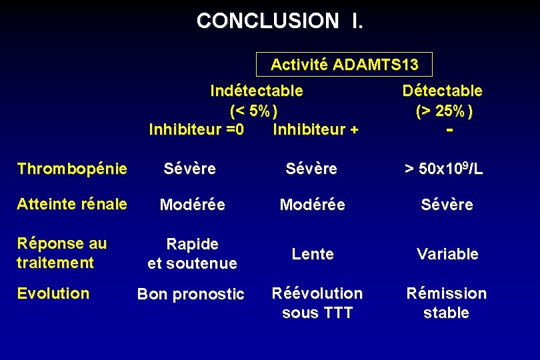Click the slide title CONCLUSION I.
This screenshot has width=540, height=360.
coord(280,21)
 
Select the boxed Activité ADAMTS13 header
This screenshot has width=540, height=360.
coord(345,65)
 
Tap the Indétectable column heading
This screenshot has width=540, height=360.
coord(256,90)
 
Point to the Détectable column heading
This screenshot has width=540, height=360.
coord(442,90)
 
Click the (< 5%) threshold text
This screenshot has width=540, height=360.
coord(253,110)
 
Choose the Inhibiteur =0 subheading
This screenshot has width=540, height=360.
coord(196,129)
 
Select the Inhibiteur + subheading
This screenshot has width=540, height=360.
coord(315,129)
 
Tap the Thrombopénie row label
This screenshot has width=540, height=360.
coord(72,169)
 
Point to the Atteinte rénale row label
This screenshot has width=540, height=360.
coord(72,205)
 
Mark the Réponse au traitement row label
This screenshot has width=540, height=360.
coord(61,253)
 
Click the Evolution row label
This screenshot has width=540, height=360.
coord(53,293)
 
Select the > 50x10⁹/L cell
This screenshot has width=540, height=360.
coord(443,169)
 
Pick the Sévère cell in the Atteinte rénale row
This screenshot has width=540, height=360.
coord(447,205)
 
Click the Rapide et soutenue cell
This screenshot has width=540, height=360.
coord(192,254)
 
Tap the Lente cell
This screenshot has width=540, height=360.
coord(313,254)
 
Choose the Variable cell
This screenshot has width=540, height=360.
coord(447,254)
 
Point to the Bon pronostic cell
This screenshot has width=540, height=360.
coord(191,295)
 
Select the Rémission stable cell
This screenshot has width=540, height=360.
coord(447,303)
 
